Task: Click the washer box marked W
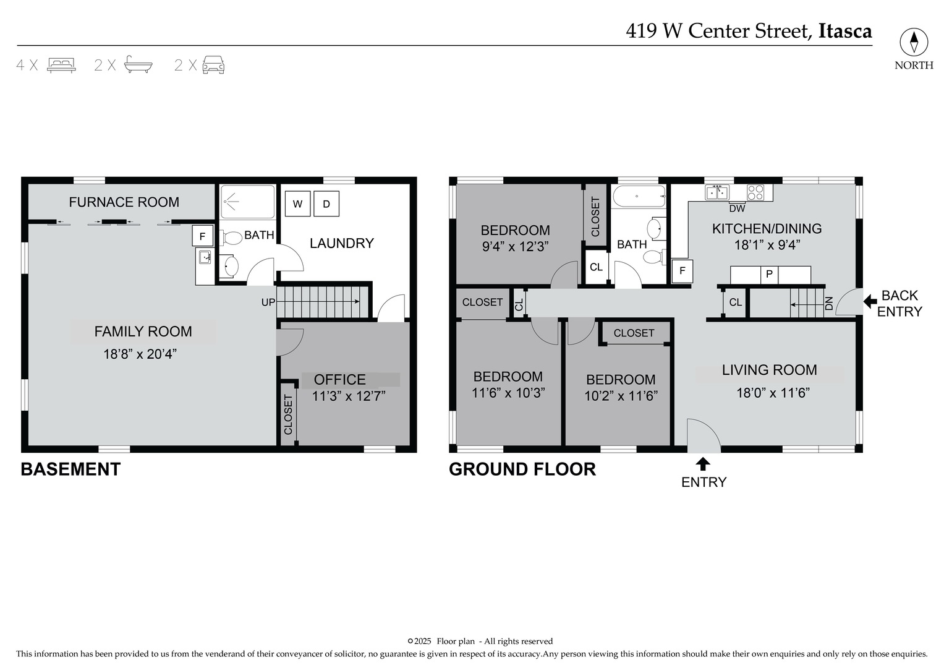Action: [x=297, y=204]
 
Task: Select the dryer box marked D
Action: [x=326, y=204]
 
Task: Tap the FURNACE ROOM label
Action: [x=124, y=202]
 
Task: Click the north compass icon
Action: [x=914, y=43]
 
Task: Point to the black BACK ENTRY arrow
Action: [x=870, y=302]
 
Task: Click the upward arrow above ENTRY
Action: [x=703, y=463]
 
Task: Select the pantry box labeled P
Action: [x=770, y=274]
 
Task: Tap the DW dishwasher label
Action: [x=737, y=208]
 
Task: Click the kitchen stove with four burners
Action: [x=755, y=192]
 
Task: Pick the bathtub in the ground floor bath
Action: [x=639, y=197]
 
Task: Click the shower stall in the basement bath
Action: [x=247, y=201]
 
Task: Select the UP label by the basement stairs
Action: [x=268, y=302]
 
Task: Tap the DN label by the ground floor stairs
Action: [x=829, y=303]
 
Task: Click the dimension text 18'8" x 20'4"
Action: [x=140, y=354]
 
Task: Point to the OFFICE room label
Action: [x=340, y=379]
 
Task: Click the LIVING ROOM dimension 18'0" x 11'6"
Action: [x=773, y=393]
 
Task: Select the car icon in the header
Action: [x=213, y=64]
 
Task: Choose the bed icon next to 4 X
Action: [x=61, y=64]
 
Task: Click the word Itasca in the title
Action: [x=845, y=31]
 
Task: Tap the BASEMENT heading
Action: [x=70, y=469]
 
